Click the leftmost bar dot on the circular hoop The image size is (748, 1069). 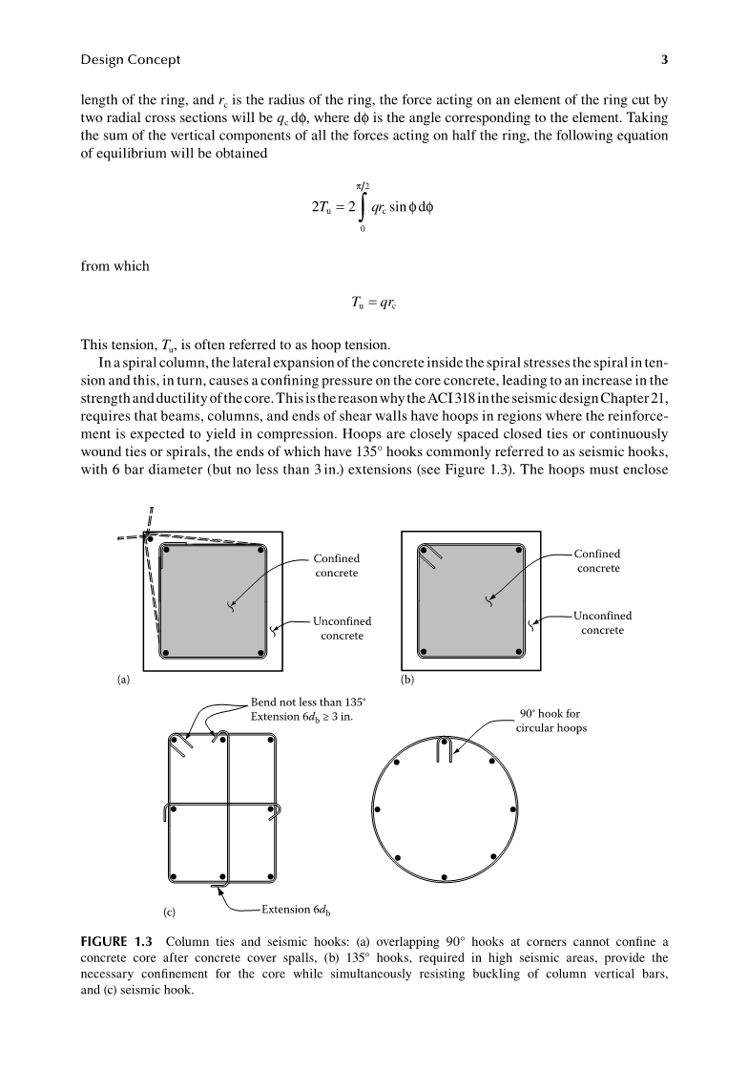[x=378, y=809]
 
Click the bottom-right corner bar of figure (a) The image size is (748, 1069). [x=260, y=655]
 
